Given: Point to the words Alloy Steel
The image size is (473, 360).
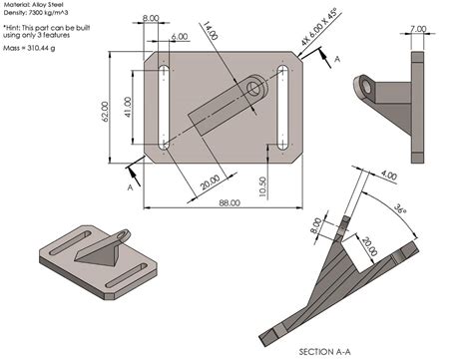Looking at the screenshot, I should (54, 6).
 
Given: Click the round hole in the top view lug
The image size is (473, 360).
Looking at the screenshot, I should (252, 89).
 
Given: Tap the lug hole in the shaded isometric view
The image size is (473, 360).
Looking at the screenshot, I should (122, 235).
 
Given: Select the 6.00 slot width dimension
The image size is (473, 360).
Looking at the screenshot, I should (179, 36).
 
